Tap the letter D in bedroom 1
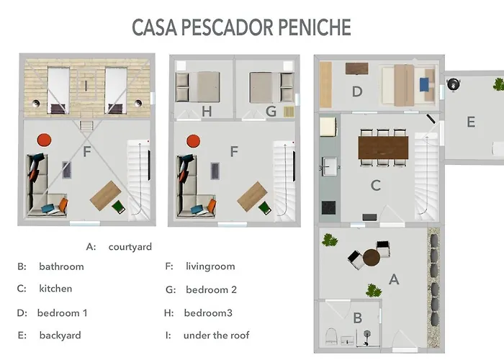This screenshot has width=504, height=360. coord(356,91)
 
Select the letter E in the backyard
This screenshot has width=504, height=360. coord(471,122)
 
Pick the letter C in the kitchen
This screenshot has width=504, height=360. coord(375,186)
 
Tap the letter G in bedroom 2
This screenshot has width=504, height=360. coord(271,111)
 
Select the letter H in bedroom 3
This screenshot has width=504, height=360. coord(207,111)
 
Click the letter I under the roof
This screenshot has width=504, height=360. coord(86,86)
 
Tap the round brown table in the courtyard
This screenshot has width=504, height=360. coord(372,257)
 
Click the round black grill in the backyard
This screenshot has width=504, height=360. coord(453,84)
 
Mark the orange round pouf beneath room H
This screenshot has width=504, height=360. coord(192,140)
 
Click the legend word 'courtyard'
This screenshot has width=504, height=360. coord(130,247)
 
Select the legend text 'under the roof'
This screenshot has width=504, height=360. coord(216,336)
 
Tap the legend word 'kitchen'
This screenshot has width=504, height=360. coord(55,289)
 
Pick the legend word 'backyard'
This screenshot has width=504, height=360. coord(59,336)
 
